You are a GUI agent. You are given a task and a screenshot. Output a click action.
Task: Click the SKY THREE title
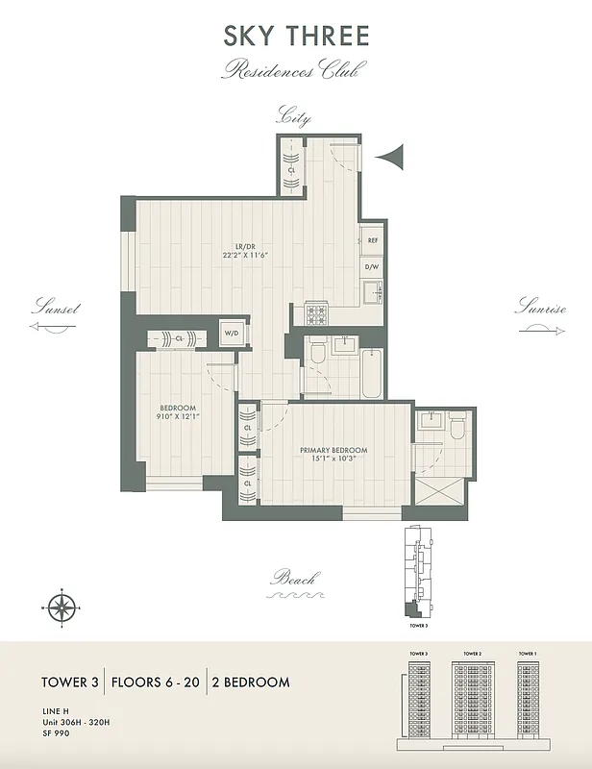coord(295,37)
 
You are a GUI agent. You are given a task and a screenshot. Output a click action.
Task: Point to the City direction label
coord(294,118)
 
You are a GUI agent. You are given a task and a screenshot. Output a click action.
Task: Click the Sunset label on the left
coord(55,309)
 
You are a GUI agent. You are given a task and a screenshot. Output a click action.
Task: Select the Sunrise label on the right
coord(541,309)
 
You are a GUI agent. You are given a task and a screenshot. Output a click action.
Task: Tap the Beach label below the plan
coord(294,579)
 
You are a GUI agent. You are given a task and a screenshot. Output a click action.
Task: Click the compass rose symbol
coord(62,607)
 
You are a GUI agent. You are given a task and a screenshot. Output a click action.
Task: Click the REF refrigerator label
coord(372,241)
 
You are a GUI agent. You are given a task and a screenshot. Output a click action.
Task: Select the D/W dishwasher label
coord(372,268)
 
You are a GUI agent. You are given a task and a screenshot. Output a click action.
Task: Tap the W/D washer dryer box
coord(232,334)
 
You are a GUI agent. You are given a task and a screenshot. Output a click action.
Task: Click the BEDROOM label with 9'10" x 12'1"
coord(178,411)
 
